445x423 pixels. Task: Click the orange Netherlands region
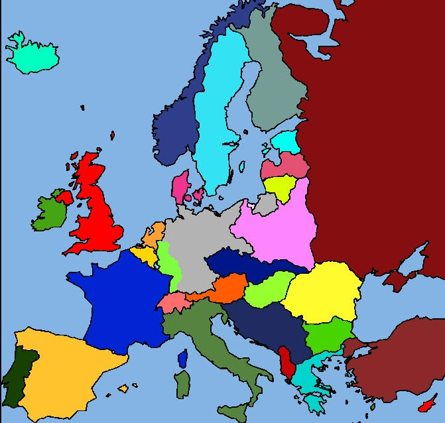pos(155,234)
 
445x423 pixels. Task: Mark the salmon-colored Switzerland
pos(174,302)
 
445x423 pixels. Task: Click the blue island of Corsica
pos(183,359)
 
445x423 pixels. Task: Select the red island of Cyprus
pos(428,405)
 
